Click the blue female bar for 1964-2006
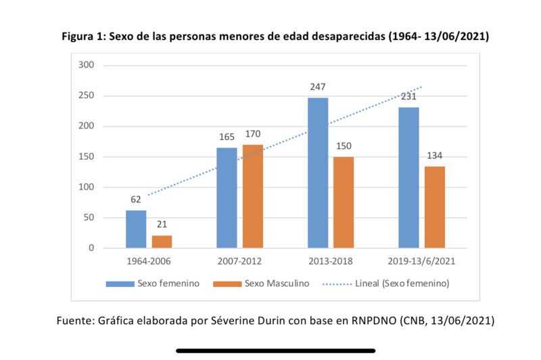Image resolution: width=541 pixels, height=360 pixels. tap(136, 229)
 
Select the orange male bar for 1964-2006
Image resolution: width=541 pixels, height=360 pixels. tap(162, 242)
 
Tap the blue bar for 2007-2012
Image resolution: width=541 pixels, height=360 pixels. tap(227, 198)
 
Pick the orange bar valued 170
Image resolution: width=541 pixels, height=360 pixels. tap(252, 196)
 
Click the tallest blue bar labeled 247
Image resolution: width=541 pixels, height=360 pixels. tap(318, 173)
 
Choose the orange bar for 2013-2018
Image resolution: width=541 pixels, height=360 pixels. tap(344, 202)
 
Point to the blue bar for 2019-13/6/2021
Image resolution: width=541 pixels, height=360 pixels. tap(408, 177)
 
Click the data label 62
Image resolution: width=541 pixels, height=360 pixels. tap(136, 200)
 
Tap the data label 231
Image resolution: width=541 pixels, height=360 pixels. tap(408, 96)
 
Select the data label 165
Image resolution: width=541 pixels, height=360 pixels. tap(227, 137)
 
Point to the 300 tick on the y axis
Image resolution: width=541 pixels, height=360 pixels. tap(86, 65)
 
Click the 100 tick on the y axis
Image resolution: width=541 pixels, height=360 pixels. tap(86, 187)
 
